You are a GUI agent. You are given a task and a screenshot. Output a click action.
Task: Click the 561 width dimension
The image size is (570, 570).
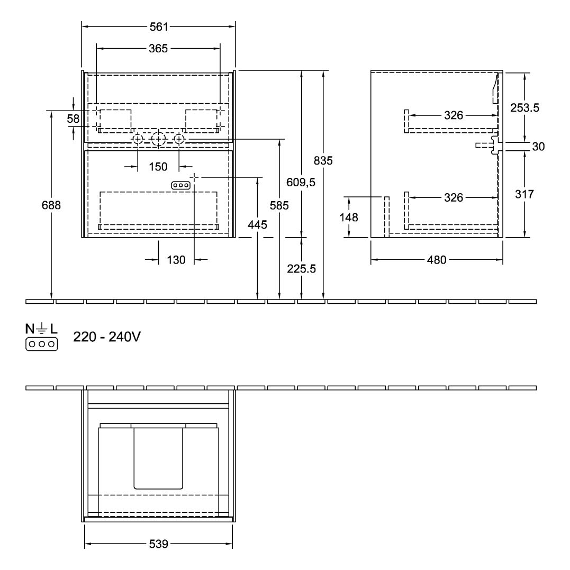coord(158,26)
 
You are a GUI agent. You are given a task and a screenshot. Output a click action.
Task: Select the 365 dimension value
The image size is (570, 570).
coord(158,49)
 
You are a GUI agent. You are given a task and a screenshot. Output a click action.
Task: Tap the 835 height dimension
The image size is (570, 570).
coord(323,160)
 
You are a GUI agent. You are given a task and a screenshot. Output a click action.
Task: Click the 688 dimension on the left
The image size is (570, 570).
coord(51,205)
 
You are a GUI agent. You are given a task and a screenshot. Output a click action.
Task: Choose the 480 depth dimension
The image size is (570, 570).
coord(437,260)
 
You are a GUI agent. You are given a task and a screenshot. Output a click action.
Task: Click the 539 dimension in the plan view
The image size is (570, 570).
coord(158,544)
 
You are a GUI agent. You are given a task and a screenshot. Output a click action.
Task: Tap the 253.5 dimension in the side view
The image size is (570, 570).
coord(524,107)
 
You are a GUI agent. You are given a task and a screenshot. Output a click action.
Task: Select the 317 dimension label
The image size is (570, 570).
coord(524,194)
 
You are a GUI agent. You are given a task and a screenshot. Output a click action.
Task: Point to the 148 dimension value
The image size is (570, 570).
coord(350,217)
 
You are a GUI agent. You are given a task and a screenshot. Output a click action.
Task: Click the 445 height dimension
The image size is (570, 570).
coord(257,225)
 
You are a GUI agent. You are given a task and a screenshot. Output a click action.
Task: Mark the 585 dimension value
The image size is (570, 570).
coord(279,206)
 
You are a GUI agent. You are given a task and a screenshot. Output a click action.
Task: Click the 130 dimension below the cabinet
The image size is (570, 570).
coord(176,260)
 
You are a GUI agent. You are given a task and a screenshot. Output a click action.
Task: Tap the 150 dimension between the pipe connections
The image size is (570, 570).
coord(158,167)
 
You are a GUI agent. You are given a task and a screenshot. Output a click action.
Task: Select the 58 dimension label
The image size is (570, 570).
coord(73,120)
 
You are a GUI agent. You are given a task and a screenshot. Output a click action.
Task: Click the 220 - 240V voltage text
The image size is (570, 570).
coord(107,337)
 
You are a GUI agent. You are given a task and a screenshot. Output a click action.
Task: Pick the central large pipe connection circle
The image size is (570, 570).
coord(158,140)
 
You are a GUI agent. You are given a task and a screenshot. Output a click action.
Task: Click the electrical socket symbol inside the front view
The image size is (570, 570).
coord(180,185)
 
